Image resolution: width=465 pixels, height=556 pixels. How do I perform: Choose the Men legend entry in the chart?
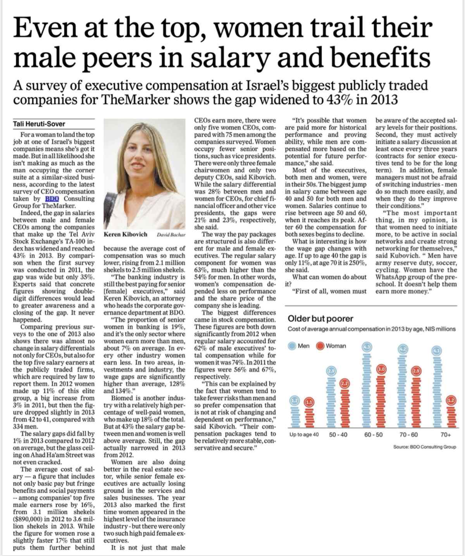tap(299, 346)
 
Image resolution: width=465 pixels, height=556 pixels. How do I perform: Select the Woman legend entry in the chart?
tap(331, 346)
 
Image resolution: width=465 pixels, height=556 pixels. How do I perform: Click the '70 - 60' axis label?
tap(408, 435)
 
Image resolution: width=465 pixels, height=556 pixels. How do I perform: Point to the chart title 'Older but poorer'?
tap(315, 319)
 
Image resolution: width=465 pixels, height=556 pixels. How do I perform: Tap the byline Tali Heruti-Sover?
tap(39, 124)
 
